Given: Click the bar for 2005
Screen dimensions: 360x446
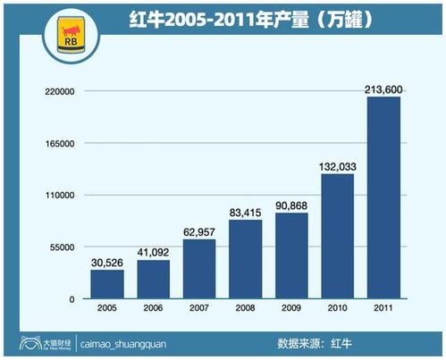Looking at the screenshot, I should (x=106, y=284).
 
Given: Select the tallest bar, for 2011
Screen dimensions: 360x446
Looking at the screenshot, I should (x=383, y=198).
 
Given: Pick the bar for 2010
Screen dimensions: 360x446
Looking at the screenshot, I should (x=337, y=237).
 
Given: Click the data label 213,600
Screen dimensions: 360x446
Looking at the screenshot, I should (x=383, y=88).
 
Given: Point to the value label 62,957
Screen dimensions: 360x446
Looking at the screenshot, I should (x=198, y=230).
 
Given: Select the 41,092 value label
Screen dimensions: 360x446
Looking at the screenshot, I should (x=153, y=251).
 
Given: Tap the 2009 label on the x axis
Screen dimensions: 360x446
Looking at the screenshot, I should (x=291, y=309).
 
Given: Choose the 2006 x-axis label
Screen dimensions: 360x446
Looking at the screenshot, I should (x=153, y=309).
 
